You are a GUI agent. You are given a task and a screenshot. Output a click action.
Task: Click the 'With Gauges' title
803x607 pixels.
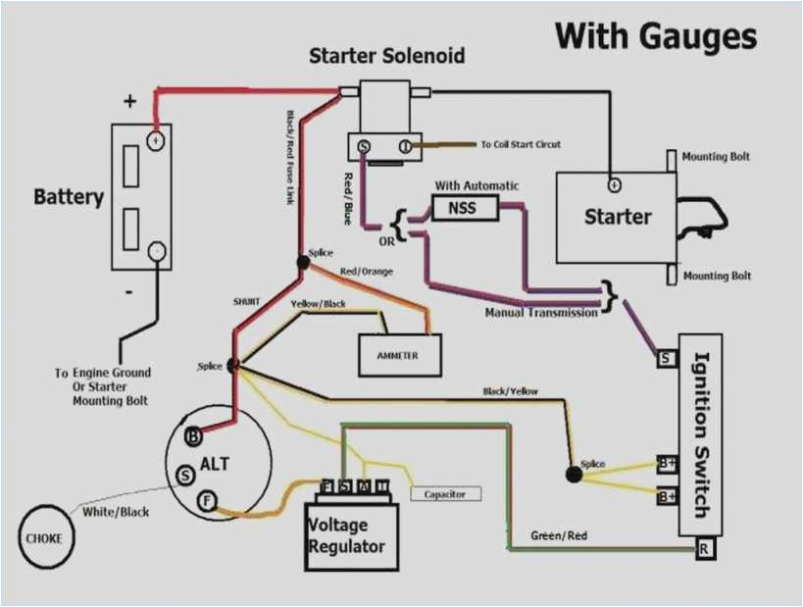[x=656, y=36]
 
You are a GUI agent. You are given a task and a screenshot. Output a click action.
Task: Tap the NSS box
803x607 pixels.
[x=465, y=207]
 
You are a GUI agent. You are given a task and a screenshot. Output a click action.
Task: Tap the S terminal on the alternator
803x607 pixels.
[x=183, y=476]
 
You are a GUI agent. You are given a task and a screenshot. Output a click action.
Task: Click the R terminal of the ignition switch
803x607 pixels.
[x=703, y=549]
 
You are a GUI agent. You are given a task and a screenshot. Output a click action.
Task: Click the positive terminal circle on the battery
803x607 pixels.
[x=155, y=140]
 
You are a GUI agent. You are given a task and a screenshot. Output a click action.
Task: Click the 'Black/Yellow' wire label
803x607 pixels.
[x=510, y=391]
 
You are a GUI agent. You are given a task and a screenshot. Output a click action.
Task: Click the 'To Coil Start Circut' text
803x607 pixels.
[x=521, y=145]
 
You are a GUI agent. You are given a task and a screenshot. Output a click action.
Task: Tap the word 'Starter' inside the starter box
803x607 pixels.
[x=618, y=216]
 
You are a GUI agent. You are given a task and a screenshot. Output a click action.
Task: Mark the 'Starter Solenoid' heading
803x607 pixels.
[x=386, y=55]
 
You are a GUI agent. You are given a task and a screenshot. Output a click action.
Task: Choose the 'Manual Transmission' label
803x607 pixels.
[x=542, y=313]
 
